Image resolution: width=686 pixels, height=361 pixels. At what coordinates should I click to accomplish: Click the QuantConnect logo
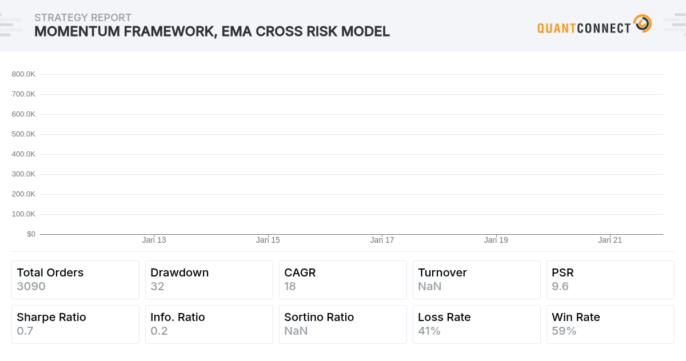pos(594,25)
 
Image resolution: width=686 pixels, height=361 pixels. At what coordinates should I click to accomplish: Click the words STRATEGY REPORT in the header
pos(83,18)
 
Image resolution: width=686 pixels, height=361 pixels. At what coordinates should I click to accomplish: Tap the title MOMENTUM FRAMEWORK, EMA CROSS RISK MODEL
pos(212,31)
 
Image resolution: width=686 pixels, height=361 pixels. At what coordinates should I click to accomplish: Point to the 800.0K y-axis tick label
pos(23,74)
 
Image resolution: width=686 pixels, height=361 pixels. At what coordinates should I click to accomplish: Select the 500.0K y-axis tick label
pos(23,134)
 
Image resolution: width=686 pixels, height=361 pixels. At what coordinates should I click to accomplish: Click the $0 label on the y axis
pos(31,234)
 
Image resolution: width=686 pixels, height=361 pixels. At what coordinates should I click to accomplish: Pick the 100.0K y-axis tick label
pos(23,214)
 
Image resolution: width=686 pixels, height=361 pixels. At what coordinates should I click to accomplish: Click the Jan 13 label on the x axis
pos(154,240)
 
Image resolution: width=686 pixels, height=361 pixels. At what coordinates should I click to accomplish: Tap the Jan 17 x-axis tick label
pos(382,240)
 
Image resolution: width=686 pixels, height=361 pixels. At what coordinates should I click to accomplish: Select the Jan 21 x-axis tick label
pos(610,240)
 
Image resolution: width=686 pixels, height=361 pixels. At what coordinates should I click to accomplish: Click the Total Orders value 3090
pos(31,286)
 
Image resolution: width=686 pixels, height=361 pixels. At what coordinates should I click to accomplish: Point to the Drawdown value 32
pos(157,286)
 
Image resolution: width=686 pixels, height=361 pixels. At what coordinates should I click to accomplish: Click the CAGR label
pos(300,272)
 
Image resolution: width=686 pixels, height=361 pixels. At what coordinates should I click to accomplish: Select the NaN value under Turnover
pos(429,286)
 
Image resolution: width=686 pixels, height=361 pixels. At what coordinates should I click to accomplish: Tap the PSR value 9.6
pos(560,286)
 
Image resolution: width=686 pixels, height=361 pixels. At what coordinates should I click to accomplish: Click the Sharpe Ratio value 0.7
pos(25,331)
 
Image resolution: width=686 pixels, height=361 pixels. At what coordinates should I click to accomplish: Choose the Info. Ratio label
pos(177,317)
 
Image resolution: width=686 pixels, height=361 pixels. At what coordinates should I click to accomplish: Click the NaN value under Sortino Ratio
pos(296,331)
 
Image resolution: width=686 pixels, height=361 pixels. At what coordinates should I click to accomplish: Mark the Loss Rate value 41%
pos(429,331)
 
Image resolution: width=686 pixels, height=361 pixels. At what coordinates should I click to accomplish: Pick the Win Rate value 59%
pos(564,331)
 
